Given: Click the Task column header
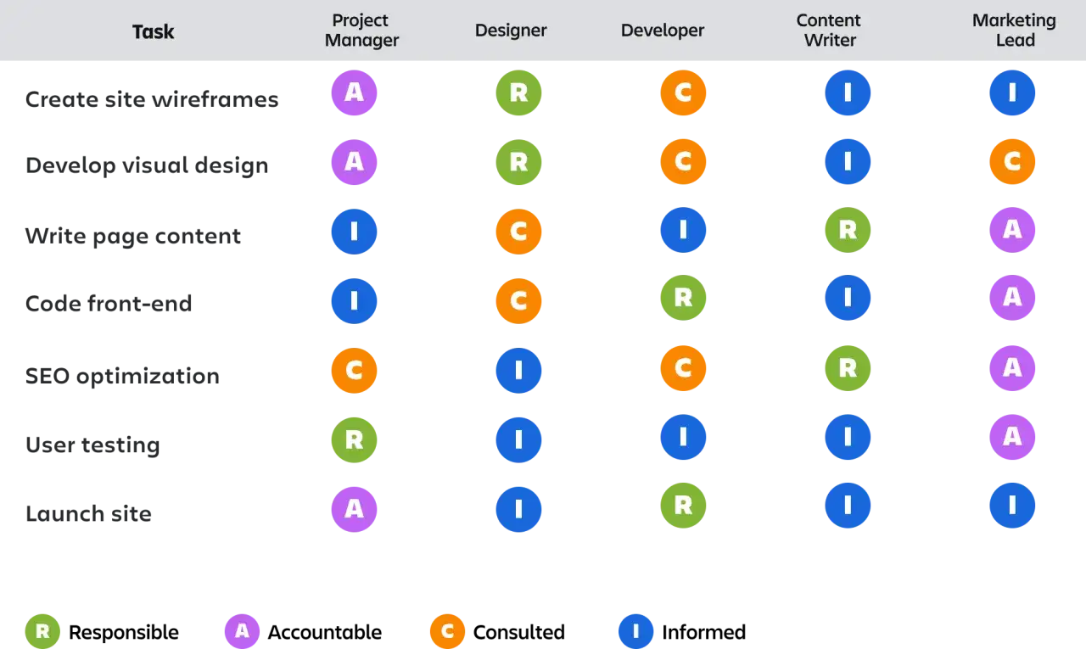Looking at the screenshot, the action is [154, 31].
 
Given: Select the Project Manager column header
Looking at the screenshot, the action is [361, 30].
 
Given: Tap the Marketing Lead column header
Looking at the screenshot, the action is [1014, 30].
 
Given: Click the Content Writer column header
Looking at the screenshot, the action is [829, 30].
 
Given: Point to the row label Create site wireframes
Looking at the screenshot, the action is [152, 99].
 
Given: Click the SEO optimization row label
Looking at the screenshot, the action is [122, 376].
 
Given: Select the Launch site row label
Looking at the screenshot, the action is [88, 513].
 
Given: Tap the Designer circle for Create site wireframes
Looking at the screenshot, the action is [518, 92].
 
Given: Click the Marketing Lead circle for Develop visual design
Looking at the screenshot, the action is [1012, 161].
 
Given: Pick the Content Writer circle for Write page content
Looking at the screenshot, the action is [848, 230].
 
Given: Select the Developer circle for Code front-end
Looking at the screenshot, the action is [683, 298].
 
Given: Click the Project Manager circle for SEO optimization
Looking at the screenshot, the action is [354, 370].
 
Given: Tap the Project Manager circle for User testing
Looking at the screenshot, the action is [354, 439].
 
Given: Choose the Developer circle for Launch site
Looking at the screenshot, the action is [683, 505].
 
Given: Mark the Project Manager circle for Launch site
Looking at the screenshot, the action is [354, 509].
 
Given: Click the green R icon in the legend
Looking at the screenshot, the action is [42, 631].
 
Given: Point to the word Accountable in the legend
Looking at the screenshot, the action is [324, 632].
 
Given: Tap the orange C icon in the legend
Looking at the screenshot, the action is [447, 631].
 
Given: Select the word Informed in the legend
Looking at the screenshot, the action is [703, 632].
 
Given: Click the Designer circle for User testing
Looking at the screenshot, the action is [518, 439].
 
